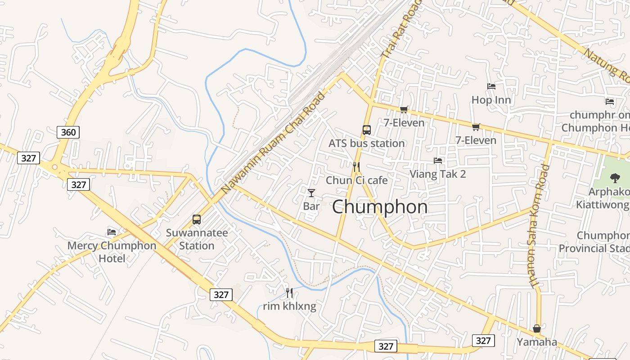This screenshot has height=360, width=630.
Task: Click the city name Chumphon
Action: [x=380, y=207]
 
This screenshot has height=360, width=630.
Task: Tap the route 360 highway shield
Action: [x=68, y=132]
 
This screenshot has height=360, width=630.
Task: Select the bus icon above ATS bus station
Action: [x=367, y=130]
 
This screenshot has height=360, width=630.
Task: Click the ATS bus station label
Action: [x=367, y=144]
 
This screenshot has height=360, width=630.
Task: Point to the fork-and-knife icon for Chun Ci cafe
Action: [x=356, y=167]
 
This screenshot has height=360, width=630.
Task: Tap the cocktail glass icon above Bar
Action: [x=311, y=193]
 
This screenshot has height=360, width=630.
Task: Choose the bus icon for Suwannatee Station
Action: [x=197, y=220]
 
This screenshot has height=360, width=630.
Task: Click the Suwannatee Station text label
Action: [x=197, y=239]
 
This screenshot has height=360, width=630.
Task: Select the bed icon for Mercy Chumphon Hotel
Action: [x=112, y=232]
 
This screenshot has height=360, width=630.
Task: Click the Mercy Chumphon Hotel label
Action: [x=112, y=252]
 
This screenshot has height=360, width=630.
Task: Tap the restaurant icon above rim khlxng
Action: [x=289, y=293]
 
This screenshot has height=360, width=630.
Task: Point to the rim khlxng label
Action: [x=289, y=307]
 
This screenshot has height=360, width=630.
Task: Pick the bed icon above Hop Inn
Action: [x=491, y=86]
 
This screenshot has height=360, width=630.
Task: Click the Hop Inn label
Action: [x=491, y=100]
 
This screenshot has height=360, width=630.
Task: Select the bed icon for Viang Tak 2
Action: [x=437, y=161]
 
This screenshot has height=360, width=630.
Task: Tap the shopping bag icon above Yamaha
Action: [x=537, y=328]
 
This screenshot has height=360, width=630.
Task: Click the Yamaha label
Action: [x=537, y=342]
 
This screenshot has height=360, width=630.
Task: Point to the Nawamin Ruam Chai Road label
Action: [x=274, y=142]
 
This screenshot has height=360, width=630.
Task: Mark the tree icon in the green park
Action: [x=615, y=178]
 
